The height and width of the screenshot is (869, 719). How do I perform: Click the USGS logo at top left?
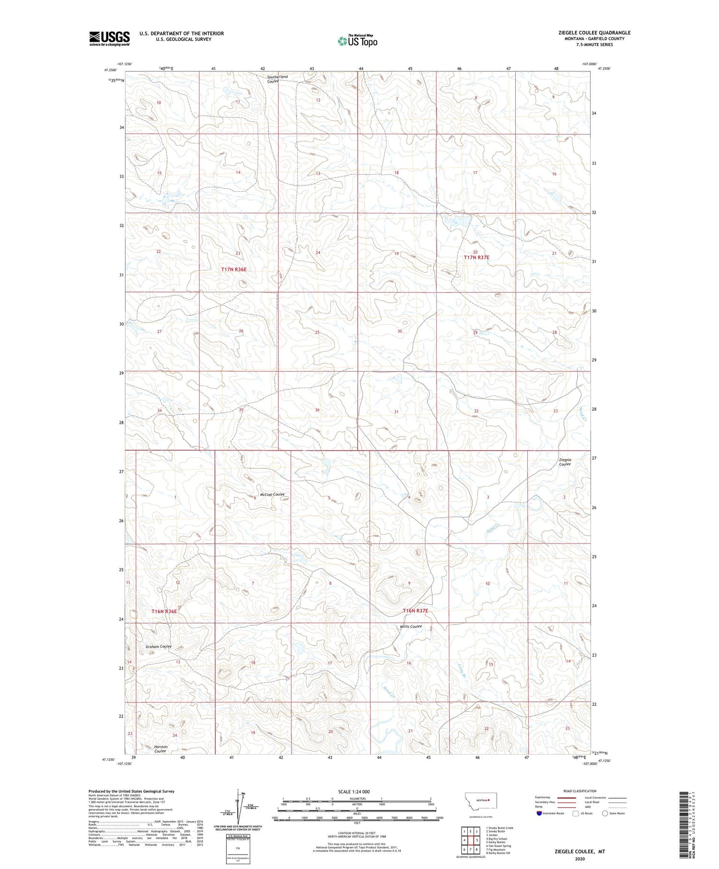pyautogui.click(x=109, y=38)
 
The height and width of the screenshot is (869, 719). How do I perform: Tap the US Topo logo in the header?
pyautogui.click(x=357, y=41)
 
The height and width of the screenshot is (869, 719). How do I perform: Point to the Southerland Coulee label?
pyautogui.click(x=277, y=79)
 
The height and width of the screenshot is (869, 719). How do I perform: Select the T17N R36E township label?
pyautogui.click(x=234, y=269)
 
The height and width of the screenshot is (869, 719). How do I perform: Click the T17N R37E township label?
pyautogui.click(x=476, y=257)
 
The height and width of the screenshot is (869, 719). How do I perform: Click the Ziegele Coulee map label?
pyautogui.click(x=565, y=462)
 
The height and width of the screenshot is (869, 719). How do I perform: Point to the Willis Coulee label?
pyautogui.click(x=411, y=626)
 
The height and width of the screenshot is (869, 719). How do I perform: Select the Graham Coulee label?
pyautogui.click(x=159, y=647)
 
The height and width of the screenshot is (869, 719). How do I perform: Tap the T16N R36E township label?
pyautogui.click(x=164, y=611)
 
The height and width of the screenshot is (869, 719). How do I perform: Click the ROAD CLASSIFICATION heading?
pyautogui.click(x=580, y=791)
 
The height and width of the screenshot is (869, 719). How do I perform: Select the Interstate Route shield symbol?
pyautogui.click(x=539, y=813)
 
